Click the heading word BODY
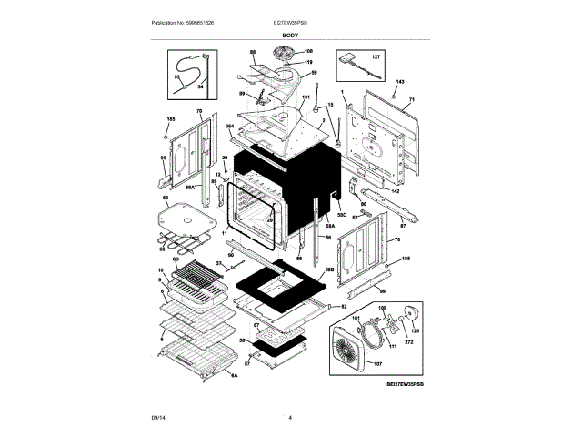click(x=289, y=35)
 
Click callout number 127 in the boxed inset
click(x=377, y=56)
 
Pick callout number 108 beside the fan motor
click(x=308, y=50)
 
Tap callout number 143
click(x=398, y=83)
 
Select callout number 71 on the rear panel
click(x=411, y=99)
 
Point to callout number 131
click(x=306, y=97)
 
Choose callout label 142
click(x=394, y=191)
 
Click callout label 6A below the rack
click(x=234, y=375)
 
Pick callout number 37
click(x=218, y=263)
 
